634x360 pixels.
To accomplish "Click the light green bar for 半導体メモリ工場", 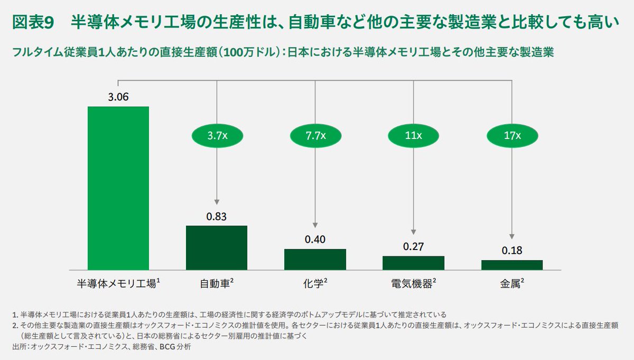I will pos(118,188).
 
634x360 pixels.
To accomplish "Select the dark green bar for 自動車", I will pos(217,248).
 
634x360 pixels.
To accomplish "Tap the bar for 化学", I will pos(315,260).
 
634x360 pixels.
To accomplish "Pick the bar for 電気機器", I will pos(413,263).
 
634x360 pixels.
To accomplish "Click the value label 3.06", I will pos(118,97).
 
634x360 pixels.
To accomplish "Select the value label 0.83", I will pos(217,216).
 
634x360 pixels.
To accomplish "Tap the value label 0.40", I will pos(315,239).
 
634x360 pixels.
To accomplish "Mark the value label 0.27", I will pos(413,246).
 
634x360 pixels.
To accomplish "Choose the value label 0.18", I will pos(511,251).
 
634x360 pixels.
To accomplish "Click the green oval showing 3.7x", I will pos(217,136).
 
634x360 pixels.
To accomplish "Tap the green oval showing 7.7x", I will pos(315,136).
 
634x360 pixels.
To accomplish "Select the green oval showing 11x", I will pos(413,136).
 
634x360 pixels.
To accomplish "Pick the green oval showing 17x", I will pos(511,136).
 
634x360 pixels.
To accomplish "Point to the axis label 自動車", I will pos(214,283).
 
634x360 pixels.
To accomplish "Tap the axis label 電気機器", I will pos(411,283).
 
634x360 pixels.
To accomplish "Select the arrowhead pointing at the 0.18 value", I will pos(511,237).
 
